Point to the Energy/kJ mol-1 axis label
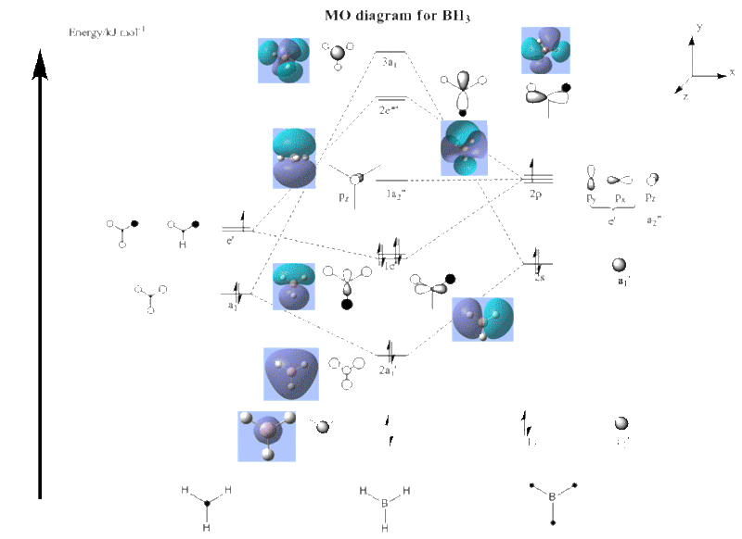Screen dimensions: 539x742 pyautogui.click(x=99, y=32)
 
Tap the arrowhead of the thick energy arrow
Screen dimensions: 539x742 pyautogui.click(x=40, y=64)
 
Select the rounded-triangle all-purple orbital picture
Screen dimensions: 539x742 pyautogui.click(x=290, y=373)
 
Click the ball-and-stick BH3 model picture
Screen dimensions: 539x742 pyautogui.click(x=267, y=436)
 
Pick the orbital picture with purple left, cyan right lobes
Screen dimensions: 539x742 pyautogui.click(x=482, y=320)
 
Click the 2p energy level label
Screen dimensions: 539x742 pyautogui.click(x=534, y=194)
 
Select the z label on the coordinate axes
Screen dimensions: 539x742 pyautogui.click(x=684, y=94)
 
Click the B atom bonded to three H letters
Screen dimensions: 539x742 pyautogui.click(x=384, y=501)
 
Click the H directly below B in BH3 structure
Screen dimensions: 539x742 pyautogui.click(x=384, y=526)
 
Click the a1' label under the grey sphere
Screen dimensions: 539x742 pyautogui.click(x=623, y=279)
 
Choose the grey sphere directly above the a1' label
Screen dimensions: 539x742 pyautogui.click(x=619, y=264)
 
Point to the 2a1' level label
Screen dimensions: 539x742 pyautogui.click(x=388, y=370)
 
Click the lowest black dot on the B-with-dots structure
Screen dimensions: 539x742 pyautogui.click(x=553, y=524)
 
